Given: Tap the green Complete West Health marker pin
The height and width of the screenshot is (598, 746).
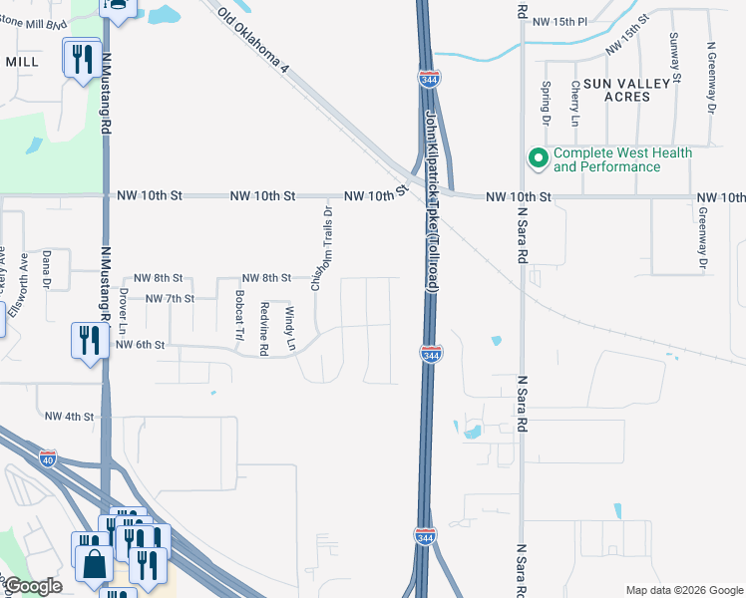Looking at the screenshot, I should point(538,158).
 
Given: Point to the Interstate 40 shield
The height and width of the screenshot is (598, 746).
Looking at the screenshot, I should point(48,457).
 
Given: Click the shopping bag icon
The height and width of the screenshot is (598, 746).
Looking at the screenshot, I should point(93,563).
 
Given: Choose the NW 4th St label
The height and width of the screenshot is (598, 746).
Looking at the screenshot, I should point(68,417).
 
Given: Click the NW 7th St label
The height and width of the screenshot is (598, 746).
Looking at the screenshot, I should point(169,298).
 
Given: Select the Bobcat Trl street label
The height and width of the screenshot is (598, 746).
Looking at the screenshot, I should point(238,315).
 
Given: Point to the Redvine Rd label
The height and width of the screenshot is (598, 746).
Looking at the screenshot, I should point(264,328).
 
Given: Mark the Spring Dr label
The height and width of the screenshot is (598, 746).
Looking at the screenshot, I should point(546,104).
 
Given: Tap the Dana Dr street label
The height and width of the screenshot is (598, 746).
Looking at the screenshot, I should point(47,270).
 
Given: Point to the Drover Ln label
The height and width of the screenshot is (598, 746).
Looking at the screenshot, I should point(123,312).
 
